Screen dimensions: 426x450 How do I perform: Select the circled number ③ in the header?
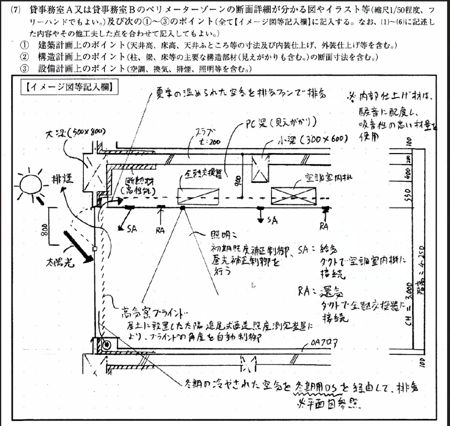[24, 69]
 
